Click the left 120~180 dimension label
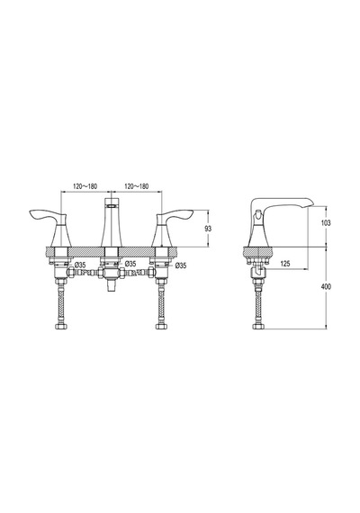point(85,186)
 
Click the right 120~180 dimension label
point(136,186)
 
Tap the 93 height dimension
point(208,229)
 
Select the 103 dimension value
point(326,223)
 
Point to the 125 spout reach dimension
point(285,264)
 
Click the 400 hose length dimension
point(326,286)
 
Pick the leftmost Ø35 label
point(80,265)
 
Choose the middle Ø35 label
point(130,264)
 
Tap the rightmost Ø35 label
point(180,265)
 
